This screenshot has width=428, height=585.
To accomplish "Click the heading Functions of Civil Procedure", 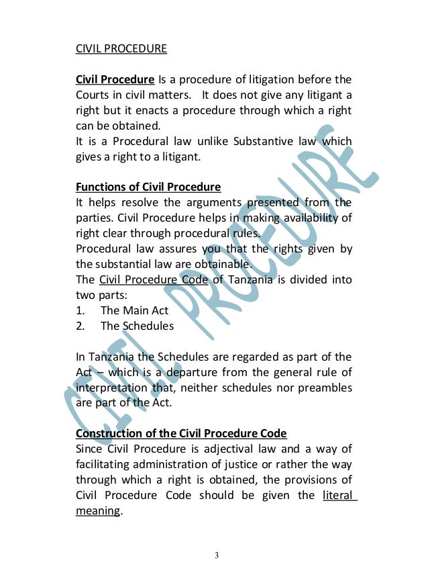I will [x=148, y=186].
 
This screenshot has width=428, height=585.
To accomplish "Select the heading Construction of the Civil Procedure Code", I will [x=181, y=433].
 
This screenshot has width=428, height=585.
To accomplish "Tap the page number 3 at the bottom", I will [x=216, y=555].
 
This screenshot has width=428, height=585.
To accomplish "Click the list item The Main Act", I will [x=134, y=310].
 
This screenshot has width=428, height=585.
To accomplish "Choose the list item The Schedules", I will [x=137, y=326].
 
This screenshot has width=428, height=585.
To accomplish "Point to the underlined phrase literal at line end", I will [x=338, y=496].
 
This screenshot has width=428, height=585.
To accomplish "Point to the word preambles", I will [x=324, y=388].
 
